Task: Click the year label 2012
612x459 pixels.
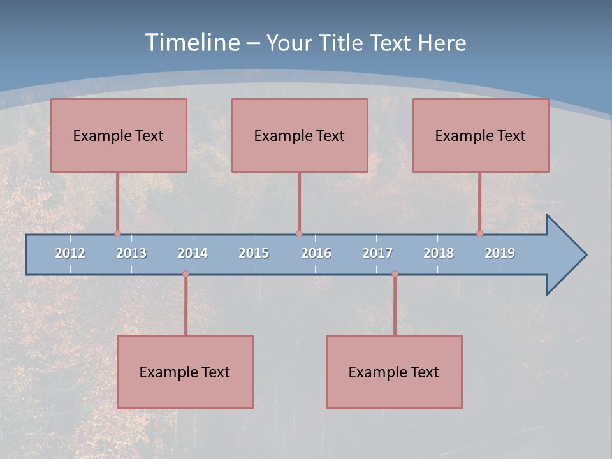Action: click(x=70, y=253)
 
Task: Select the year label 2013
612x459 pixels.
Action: click(x=131, y=253)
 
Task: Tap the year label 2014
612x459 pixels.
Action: click(x=193, y=253)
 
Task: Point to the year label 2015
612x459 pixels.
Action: click(x=254, y=253)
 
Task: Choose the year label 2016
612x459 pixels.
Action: click(x=316, y=253)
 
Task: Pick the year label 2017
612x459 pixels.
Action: click(x=377, y=253)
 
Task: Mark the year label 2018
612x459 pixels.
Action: click(x=439, y=253)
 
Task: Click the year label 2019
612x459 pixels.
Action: click(x=500, y=253)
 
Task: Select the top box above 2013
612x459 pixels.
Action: click(x=119, y=135)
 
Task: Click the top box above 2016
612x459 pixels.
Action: click(x=300, y=135)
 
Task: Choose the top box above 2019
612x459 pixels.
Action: click(x=481, y=135)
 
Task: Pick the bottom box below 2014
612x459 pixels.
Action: click(x=185, y=372)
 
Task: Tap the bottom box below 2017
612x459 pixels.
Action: click(x=394, y=372)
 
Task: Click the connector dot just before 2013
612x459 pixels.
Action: click(x=117, y=234)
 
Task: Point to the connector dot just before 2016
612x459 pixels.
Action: click(x=299, y=234)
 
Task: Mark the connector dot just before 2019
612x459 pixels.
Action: click(x=479, y=234)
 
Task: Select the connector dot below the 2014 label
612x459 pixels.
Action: click(x=186, y=274)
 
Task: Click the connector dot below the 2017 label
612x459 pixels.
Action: click(x=395, y=274)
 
